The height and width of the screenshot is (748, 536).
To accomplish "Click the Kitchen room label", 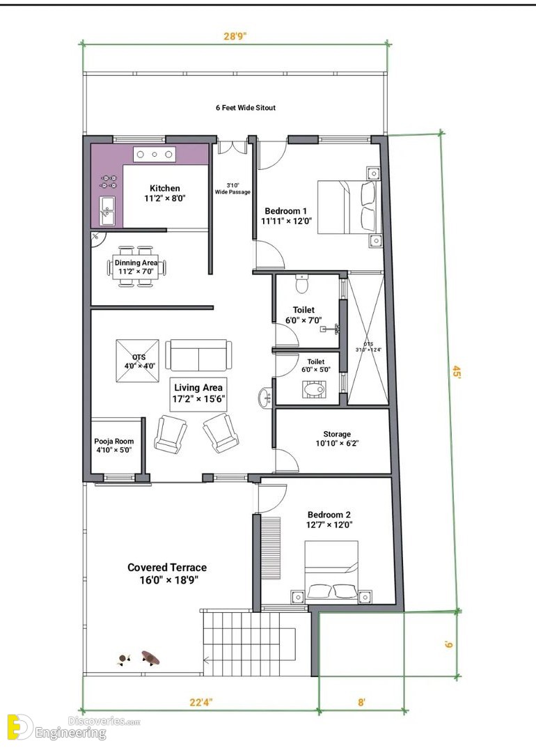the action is (x=164, y=193).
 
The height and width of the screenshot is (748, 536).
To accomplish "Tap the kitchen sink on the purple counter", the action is (x=107, y=210).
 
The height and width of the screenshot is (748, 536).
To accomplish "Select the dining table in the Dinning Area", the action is (x=136, y=267).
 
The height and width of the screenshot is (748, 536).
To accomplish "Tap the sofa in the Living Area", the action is (x=199, y=355).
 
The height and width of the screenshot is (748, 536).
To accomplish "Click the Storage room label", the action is (x=337, y=438).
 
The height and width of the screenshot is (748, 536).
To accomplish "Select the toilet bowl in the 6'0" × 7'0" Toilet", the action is (x=302, y=283).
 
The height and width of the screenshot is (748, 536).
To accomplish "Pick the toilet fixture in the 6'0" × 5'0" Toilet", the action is (x=314, y=389).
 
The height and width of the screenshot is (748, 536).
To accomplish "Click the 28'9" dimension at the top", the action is (x=235, y=36).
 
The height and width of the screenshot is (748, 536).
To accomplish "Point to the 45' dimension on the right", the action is (x=457, y=371).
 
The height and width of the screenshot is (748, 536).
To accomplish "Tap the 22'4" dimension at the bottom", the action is (x=200, y=702).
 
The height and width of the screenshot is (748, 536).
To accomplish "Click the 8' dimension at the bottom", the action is (x=361, y=702).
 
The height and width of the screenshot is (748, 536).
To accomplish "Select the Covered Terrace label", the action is (x=167, y=573).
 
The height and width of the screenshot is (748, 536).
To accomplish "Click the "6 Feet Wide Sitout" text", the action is (x=246, y=108).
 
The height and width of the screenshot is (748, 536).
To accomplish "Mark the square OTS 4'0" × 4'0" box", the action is (x=137, y=360).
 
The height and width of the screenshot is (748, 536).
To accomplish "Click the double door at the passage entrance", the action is (x=232, y=146).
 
